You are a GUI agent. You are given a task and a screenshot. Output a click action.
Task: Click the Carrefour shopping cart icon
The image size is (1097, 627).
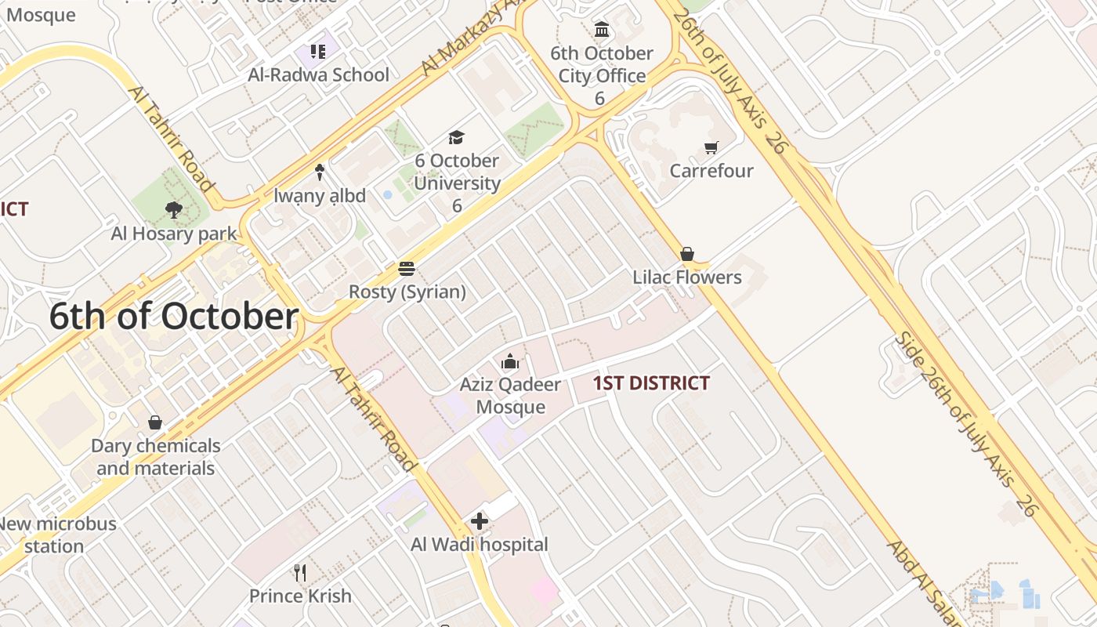point(711,147)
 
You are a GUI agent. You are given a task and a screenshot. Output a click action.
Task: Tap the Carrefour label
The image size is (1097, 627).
point(711,171)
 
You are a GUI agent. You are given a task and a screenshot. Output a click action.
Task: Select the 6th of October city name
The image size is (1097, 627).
point(174,317)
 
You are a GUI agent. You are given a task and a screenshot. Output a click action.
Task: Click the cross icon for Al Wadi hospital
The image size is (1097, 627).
point(480,521)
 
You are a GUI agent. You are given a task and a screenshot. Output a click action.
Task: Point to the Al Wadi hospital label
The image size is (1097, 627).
point(480,544)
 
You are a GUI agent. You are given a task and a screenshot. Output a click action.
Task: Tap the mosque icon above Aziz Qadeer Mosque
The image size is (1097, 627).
point(510,362)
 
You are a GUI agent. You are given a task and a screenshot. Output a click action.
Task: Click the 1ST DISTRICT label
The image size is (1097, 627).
point(651,383)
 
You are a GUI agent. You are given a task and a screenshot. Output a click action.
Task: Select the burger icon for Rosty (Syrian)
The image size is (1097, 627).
point(407,269)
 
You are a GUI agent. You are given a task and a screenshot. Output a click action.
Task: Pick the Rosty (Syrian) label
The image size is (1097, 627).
point(407,292)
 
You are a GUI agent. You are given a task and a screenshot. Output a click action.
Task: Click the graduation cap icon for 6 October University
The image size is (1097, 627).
point(456,138)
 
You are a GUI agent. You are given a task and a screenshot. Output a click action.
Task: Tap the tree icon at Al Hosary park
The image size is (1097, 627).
point(174,210)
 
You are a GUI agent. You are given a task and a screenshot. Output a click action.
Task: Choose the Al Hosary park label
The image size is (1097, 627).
point(174,234)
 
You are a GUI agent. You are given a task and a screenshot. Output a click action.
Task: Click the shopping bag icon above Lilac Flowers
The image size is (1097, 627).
point(687,254)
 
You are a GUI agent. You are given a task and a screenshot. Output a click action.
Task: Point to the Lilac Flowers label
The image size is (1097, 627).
point(687,277)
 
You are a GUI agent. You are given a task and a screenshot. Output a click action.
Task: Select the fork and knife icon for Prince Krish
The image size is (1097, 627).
point(300,573)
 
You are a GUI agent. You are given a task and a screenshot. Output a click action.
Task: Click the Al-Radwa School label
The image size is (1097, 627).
point(318,75)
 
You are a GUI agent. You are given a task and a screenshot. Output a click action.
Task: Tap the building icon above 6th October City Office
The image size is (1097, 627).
point(602,30)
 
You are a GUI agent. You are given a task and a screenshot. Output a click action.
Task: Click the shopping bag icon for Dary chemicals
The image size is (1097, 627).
point(155,422)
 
